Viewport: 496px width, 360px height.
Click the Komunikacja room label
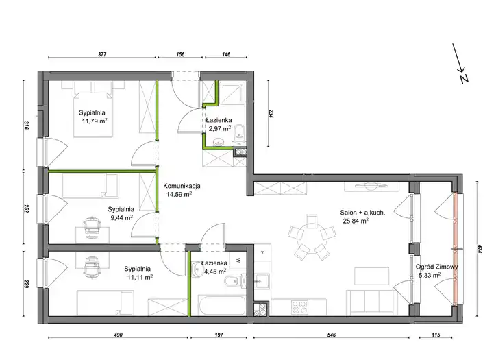[x=182, y=186]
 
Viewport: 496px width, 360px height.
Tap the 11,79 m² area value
[x=95, y=121]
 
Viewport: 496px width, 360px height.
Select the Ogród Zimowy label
[x=436, y=267]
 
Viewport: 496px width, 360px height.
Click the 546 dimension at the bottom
[x=332, y=335]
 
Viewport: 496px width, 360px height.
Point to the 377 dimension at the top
[x=102, y=54]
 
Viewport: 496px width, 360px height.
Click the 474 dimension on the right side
[x=480, y=249]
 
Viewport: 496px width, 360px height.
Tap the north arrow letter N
[x=464, y=79]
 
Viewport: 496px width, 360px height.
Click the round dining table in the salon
[x=312, y=236]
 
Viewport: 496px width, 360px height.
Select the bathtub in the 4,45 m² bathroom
[x=222, y=306]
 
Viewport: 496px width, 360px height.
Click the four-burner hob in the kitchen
[x=299, y=307]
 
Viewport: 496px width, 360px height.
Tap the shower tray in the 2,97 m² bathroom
[x=232, y=93]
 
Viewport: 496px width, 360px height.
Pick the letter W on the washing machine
[x=238, y=261]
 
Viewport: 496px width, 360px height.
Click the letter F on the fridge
[x=262, y=252]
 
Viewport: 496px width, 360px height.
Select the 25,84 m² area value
[x=356, y=221]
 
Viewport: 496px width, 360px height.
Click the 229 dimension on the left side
[x=26, y=283]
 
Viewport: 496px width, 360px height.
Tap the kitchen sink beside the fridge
[x=262, y=280]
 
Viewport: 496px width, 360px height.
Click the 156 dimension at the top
[x=180, y=54]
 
